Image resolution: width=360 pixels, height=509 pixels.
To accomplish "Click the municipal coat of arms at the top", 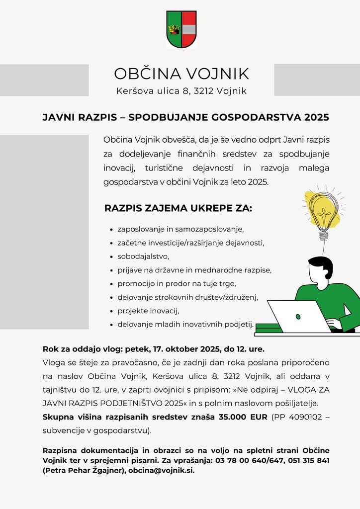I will [181, 29].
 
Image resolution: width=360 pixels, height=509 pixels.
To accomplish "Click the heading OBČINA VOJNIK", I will [181, 74].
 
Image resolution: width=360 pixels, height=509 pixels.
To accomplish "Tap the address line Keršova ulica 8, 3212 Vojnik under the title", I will [181, 91].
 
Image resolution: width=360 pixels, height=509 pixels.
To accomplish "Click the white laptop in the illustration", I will [298, 316].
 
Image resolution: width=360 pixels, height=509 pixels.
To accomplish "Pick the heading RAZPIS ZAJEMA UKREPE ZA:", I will [178, 208].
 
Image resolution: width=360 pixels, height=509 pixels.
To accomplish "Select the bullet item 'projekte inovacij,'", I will [148, 311].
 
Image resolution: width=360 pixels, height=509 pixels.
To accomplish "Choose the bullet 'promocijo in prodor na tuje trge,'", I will [177, 284].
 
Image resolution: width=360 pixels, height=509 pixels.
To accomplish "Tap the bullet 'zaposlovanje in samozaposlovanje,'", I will [180, 229].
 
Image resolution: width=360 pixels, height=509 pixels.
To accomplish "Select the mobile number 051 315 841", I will [306, 460].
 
